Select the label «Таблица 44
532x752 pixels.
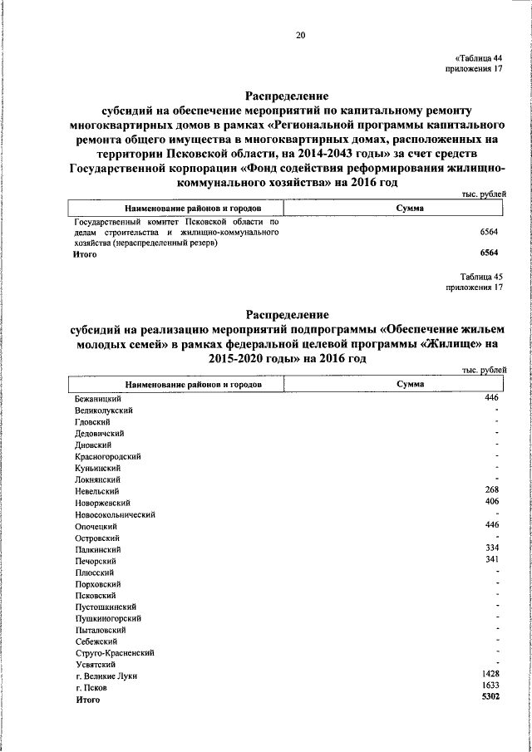(x=479, y=57)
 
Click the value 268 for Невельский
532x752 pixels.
(x=490, y=490)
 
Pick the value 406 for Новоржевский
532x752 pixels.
(x=490, y=502)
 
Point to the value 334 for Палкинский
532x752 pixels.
(x=490, y=548)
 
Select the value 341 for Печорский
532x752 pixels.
(x=490, y=560)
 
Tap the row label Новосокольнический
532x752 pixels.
(x=116, y=514)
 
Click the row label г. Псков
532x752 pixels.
(x=91, y=688)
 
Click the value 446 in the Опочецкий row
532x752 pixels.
(x=490, y=525)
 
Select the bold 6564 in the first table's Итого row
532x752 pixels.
(x=488, y=253)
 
